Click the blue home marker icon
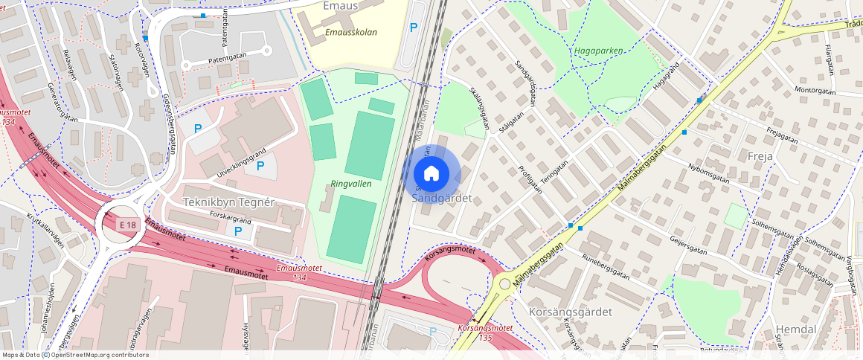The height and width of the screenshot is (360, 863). tap(431, 174)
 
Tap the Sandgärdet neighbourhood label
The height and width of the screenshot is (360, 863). tap(442, 199)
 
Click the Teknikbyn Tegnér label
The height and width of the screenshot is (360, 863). tap(229, 202)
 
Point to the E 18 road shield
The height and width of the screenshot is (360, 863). tap(127, 223)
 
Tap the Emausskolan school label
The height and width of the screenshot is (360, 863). tap(351, 33)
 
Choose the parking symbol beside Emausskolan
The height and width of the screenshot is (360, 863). tap(414, 28)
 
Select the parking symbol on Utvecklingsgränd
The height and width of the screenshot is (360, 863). tap(260, 165)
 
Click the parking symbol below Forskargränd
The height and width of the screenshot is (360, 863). tap(237, 231)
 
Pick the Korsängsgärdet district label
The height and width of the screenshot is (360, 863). tap(571, 312)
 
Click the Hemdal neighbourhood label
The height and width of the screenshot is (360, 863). tap(796, 329)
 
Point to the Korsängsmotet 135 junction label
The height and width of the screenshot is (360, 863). tap(485, 332)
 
